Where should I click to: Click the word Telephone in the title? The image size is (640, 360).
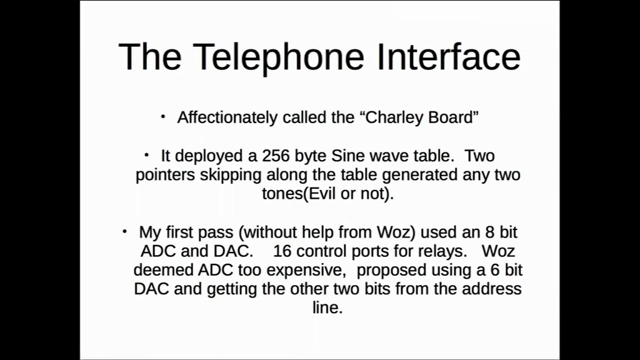(x=278, y=58)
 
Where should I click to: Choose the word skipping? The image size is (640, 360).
(x=230, y=175)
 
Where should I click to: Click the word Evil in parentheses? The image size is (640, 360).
(x=322, y=194)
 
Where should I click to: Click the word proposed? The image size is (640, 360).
(x=391, y=271)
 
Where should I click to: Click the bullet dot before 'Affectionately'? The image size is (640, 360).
(x=163, y=117)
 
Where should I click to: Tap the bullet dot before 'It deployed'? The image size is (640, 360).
(x=146, y=155)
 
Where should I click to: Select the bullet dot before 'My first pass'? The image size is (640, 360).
(x=125, y=231)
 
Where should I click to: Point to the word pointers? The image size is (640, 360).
(x=165, y=176)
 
